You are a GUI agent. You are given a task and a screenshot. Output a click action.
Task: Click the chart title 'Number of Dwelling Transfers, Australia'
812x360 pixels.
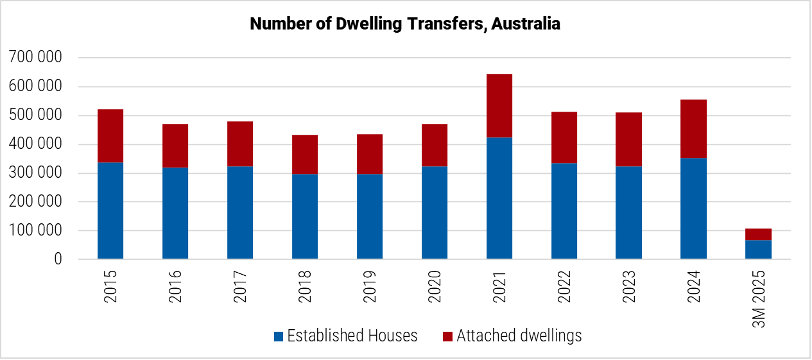pos(405,24)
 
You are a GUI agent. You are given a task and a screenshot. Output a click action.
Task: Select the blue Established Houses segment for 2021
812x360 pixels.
pos(499,198)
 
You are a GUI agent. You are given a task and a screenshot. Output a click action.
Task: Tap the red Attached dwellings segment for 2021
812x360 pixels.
pos(499,106)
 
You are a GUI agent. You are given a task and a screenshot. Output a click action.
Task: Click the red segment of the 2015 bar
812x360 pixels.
pos(110,136)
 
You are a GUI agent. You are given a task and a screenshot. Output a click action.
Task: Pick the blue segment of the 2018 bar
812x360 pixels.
pos(305,217)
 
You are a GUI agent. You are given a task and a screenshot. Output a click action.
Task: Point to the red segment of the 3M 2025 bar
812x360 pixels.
pos(758,234)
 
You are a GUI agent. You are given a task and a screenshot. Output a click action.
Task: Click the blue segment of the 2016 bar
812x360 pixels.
pos(175,213)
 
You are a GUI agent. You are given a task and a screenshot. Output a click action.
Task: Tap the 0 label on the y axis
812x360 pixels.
pos(58,259)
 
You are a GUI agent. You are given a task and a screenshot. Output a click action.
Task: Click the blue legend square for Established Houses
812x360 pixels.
pos(278,336)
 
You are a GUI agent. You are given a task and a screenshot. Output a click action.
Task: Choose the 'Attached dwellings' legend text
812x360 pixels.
pos(519,336)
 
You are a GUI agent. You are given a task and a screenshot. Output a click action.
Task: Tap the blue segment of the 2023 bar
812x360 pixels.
pos(628,213)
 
